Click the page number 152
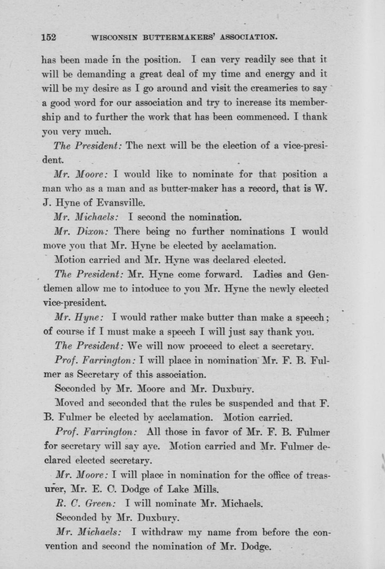tap(49, 37)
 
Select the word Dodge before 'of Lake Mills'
tap(130, 490)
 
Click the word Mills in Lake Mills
tap(205, 489)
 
